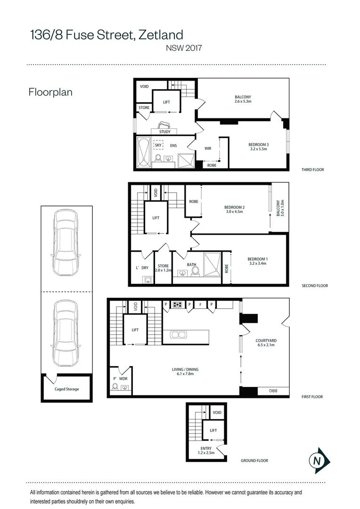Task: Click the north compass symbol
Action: coord(319,460)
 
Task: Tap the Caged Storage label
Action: coord(67,389)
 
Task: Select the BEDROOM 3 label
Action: coord(259,145)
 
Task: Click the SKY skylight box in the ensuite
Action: coord(158,145)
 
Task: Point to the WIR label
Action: coord(208,148)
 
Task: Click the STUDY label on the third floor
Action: coord(165,131)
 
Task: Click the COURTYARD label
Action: coord(266,341)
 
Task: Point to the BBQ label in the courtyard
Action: coord(273,391)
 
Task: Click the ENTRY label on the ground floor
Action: coord(206,448)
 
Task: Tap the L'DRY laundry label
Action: coord(142,268)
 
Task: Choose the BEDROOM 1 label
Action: coord(258,259)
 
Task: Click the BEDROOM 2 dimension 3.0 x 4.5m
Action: coord(234,212)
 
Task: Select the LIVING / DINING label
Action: coord(185,369)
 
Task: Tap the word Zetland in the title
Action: coord(161,35)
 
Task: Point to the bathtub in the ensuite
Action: coord(143,152)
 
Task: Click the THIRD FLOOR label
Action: coord(312,170)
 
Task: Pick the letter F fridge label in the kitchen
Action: coord(201,304)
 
